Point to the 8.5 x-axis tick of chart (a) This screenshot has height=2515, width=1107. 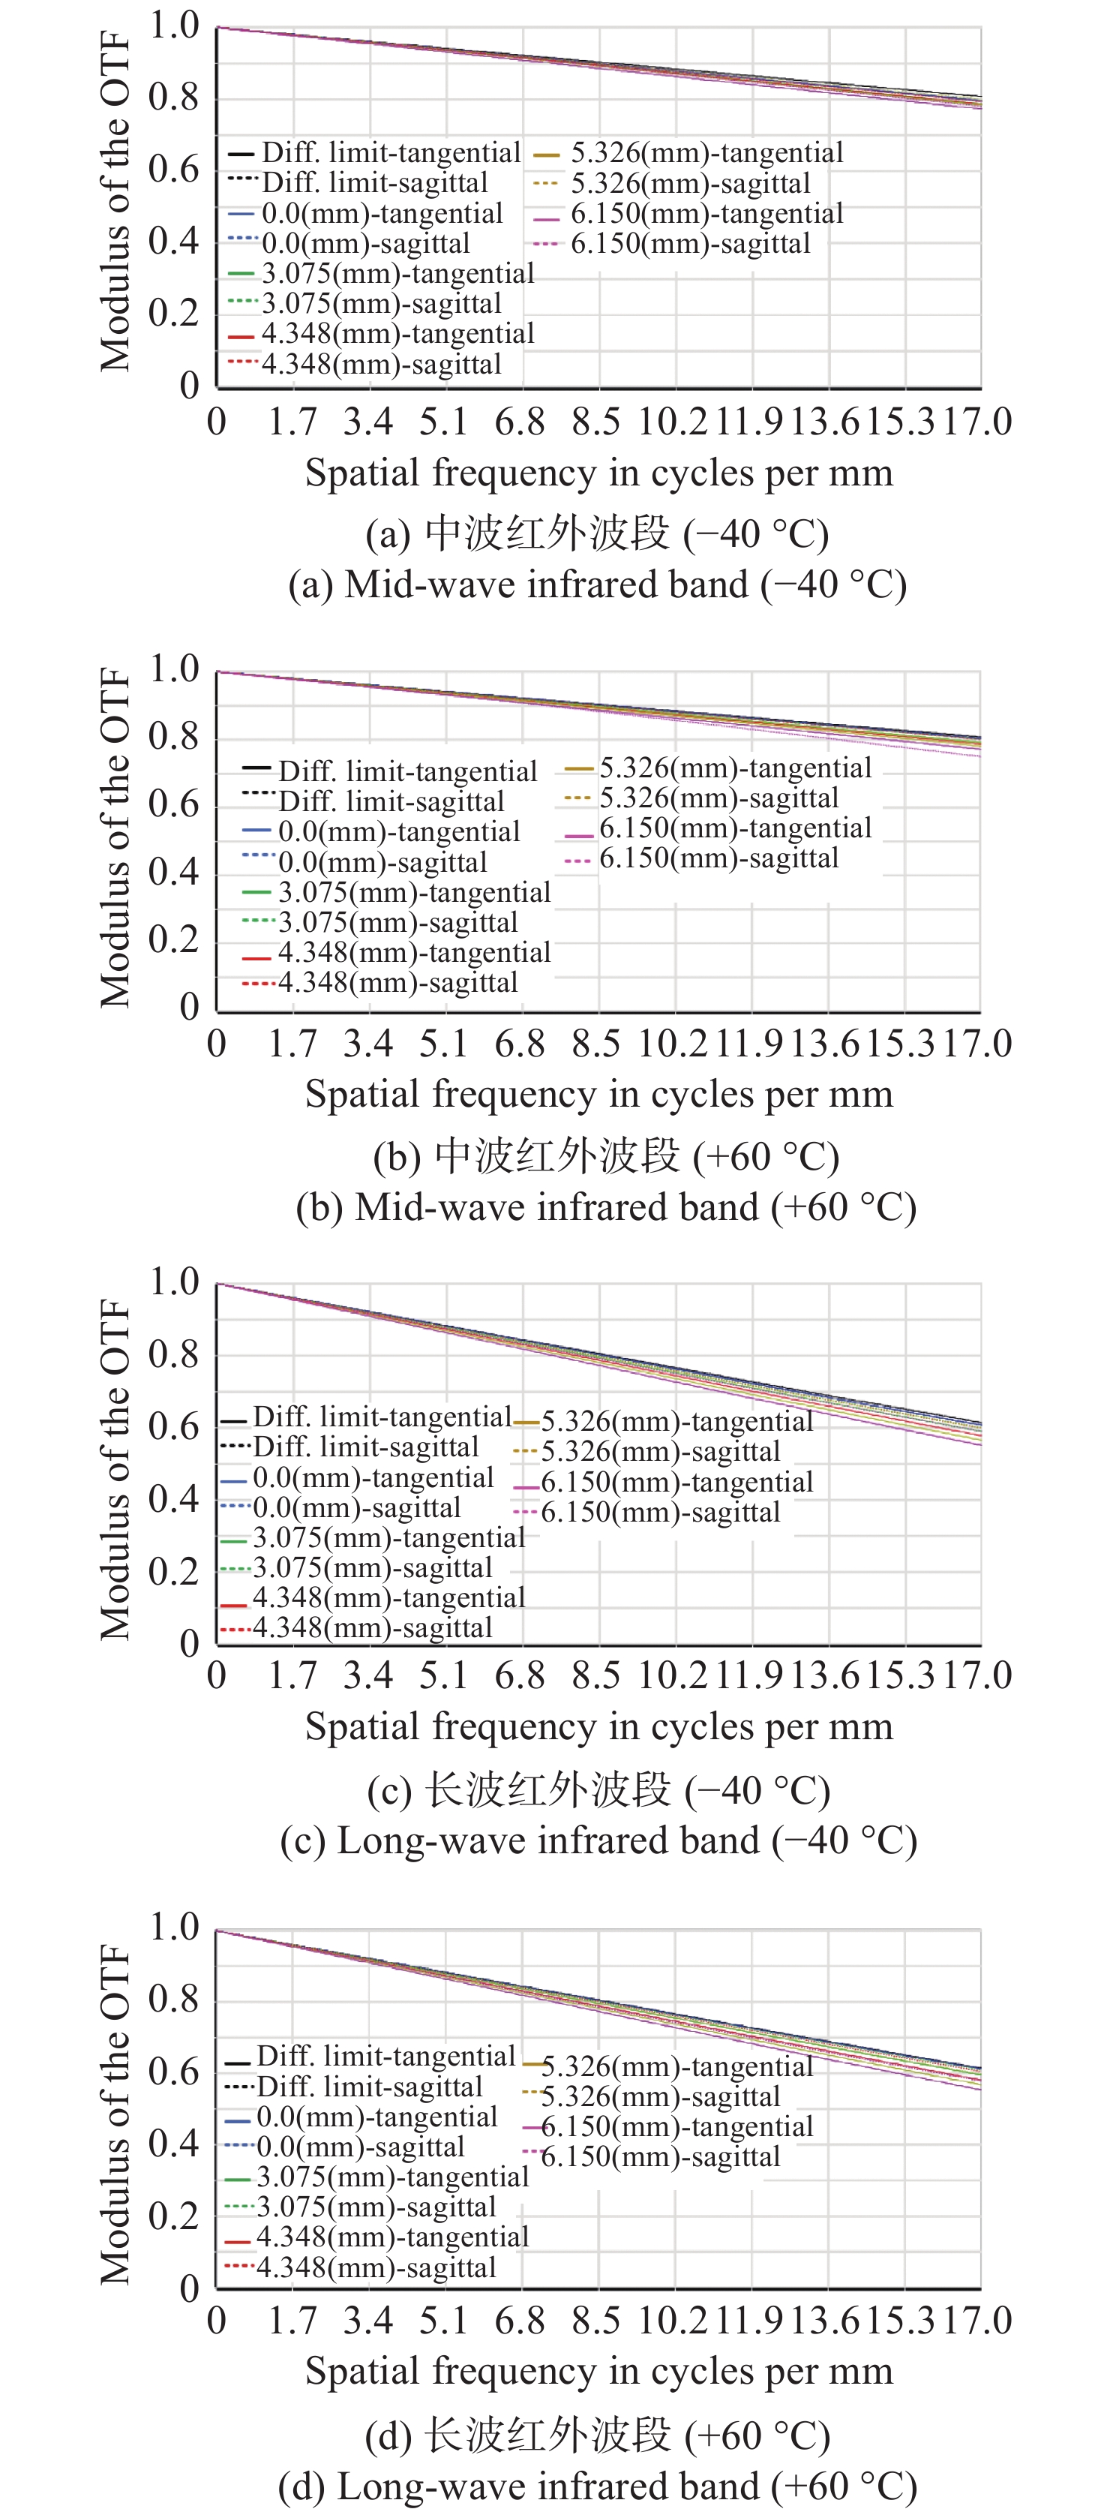595,422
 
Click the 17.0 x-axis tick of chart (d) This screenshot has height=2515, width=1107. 976,2320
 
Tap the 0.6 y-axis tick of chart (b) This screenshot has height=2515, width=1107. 174,804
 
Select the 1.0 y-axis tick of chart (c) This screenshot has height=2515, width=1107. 174,1282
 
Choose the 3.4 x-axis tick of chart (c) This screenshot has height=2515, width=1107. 368,1675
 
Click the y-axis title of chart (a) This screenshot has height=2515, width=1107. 115,201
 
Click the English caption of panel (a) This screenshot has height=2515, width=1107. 598,584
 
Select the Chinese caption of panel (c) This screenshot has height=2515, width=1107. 598,1789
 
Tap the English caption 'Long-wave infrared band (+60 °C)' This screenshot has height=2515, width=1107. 598,2486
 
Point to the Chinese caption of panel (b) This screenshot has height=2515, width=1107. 606,1156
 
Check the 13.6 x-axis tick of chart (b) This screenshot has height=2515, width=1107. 825,1044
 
